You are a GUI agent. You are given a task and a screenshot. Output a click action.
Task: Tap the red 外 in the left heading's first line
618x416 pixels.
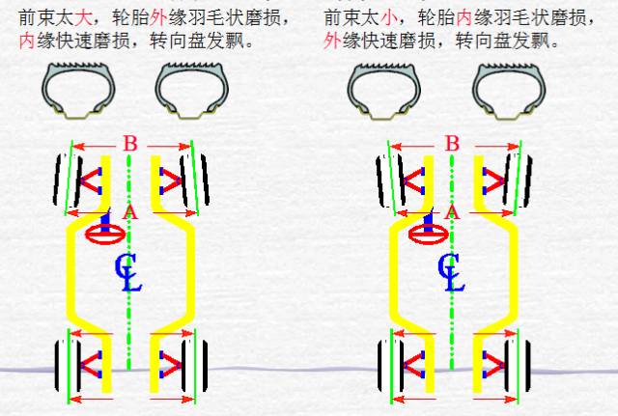pos(158,17)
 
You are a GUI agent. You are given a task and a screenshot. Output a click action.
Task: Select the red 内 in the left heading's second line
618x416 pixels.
pos(27,42)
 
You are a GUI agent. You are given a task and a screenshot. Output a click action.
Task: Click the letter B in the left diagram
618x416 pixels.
pos(131,145)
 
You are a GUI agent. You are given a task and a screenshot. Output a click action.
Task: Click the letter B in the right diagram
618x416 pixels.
pos(451,145)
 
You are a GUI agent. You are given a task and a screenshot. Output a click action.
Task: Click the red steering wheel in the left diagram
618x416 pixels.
pos(103,232)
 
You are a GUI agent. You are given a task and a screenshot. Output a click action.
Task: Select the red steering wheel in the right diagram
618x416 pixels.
pos(425,232)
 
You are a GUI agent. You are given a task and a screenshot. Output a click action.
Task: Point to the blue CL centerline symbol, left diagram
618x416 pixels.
pos(128,273)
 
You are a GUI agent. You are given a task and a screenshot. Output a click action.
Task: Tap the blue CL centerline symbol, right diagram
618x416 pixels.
pos(449,273)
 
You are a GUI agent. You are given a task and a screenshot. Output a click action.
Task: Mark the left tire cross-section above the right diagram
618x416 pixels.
pos(384,90)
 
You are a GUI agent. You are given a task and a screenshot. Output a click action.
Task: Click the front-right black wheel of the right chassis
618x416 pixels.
pos(516,179)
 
